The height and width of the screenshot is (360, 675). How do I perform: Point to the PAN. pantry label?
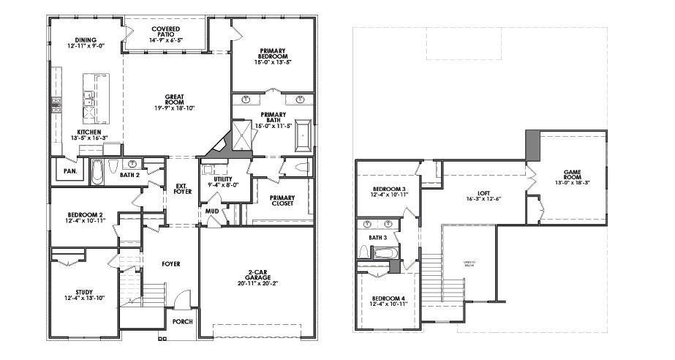71,171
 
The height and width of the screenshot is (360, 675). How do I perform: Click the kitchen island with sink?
91,99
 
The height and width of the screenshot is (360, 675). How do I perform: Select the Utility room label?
223,179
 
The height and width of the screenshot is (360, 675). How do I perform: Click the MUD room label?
211,211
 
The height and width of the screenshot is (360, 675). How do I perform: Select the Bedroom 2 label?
86,214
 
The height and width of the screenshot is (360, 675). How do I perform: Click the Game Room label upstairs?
573,173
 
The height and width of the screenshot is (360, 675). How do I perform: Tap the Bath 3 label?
377,238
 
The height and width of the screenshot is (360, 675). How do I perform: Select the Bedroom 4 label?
388,299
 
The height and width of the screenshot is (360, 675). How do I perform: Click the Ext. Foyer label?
182,188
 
